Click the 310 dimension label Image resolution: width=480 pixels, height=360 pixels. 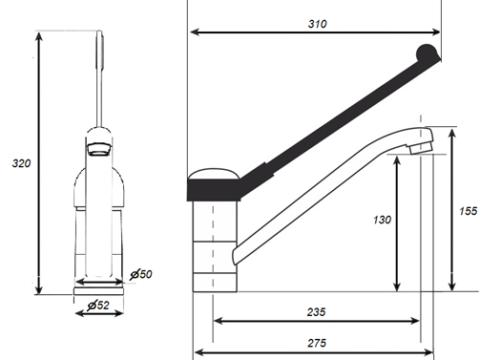(317, 24)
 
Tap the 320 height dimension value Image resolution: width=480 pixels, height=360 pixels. (21, 163)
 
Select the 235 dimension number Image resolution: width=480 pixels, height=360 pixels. (316, 312)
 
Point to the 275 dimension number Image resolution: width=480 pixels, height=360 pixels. (317, 343)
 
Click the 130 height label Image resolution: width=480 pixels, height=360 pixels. (382, 220)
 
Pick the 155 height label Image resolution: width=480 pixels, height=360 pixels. (469, 211)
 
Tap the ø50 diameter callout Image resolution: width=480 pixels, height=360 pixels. (141, 274)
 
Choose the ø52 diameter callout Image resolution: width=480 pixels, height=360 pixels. (98, 306)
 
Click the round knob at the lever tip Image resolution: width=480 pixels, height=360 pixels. (427, 53)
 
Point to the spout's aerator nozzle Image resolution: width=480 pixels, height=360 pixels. (421, 148)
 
